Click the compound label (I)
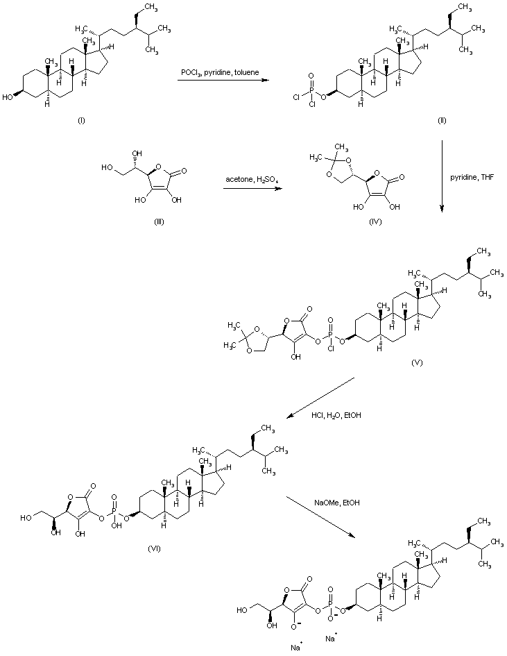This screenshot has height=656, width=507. (x=81, y=121)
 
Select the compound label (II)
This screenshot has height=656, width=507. (x=442, y=121)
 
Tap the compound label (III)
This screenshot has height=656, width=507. (x=159, y=221)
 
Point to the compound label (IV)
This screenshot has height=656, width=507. (x=375, y=221)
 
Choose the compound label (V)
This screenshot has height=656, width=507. (x=417, y=362)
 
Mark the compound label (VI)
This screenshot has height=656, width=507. (x=154, y=548)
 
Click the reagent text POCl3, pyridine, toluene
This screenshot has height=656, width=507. (x=220, y=72)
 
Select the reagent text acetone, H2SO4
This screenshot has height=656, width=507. (x=252, y=180)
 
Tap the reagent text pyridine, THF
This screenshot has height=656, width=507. (x=472, y=178)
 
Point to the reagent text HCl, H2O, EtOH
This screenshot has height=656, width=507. (x=336, y=415)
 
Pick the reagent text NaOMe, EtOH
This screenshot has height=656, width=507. (x=336, y=503)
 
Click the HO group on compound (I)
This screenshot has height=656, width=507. (x=7, y=97)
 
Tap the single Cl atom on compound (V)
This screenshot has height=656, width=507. (x=331, y=348)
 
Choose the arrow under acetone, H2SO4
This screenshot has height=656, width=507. (x=252, y=188)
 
